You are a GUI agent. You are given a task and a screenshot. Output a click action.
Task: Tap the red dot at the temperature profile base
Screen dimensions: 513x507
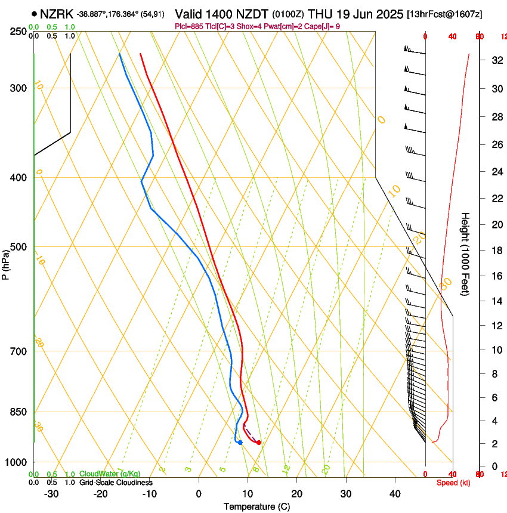coord(258,443)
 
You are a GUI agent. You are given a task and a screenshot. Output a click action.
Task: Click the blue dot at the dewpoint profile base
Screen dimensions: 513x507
coord(240,443)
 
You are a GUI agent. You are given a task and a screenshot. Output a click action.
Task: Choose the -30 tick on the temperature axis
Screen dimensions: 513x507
coord(51,494)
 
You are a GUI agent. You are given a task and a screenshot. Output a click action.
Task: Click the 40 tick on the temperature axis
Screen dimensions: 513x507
coord(394,494)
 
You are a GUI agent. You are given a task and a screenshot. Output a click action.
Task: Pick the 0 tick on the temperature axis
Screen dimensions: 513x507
coord(199,494)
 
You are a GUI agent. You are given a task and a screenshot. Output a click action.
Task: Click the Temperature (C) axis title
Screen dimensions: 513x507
coord(256,507)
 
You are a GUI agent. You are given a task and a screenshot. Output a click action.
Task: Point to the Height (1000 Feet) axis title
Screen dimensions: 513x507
coord(465,254)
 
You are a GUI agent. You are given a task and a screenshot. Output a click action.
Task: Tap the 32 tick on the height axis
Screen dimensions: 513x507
coord(495,60)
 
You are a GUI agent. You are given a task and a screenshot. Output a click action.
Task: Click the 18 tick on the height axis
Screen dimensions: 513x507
coord(495,251)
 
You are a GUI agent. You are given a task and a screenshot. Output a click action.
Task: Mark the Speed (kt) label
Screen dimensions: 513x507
coord(453,483)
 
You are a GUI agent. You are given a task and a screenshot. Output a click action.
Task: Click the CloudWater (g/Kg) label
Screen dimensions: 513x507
coord(110,474)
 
